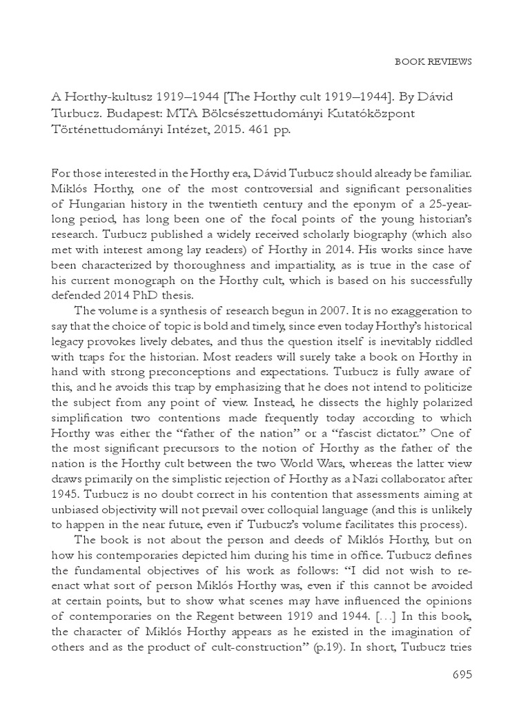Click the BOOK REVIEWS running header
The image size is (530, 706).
coord(433,61)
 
